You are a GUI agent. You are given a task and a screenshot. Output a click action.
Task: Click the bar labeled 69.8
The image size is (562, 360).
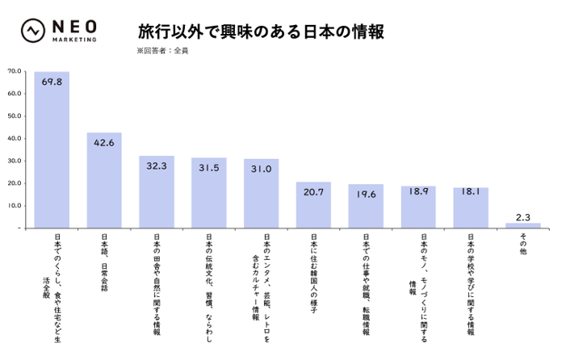click(x=52, y=150)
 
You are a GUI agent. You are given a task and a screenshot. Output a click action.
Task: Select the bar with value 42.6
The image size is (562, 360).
click(x=104, y=180)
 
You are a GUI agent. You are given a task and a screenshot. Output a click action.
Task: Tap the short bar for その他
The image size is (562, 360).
click(x=523, y=225)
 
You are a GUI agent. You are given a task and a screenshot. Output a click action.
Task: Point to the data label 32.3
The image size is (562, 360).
click(x=157, y=165)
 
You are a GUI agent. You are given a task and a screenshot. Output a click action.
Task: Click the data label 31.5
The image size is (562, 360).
click(x=209, y=168)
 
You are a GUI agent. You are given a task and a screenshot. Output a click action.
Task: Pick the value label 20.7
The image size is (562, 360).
click(x=313, y=192)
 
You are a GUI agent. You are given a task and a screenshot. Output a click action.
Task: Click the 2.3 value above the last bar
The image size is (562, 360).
click(x=523, y=217)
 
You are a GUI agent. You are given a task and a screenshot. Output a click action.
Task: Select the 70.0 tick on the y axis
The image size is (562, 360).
click(x=15, y=71)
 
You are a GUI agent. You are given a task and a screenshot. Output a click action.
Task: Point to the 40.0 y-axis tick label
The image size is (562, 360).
click(x=15, y=138)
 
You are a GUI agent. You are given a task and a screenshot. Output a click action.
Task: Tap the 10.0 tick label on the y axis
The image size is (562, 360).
click(x=15, y=206)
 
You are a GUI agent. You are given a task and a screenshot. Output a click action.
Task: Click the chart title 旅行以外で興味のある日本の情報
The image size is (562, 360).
click(x=261, y=31)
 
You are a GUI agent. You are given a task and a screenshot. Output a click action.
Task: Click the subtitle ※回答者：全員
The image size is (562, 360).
click(x=162, y=51)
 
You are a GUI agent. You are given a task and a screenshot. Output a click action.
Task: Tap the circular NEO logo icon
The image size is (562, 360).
click(x=33, y=31)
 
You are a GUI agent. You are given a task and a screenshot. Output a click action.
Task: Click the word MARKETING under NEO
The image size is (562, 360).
click(x=74, y=40)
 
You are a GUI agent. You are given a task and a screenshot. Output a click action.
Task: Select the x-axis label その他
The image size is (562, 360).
click(x=523, y=244)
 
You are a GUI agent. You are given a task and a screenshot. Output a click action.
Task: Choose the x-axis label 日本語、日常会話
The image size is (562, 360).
click(x=104, y=262)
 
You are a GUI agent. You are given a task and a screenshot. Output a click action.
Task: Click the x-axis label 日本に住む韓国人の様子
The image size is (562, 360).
click(x=313, y=274)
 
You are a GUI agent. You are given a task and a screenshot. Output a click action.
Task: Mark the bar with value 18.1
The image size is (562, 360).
click(x=471, y=207)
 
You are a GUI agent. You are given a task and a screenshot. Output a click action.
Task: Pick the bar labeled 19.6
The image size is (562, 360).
click(x=366, y=206)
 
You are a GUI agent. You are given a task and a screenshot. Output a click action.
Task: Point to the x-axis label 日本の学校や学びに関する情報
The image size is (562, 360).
click(x=471, y=284)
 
